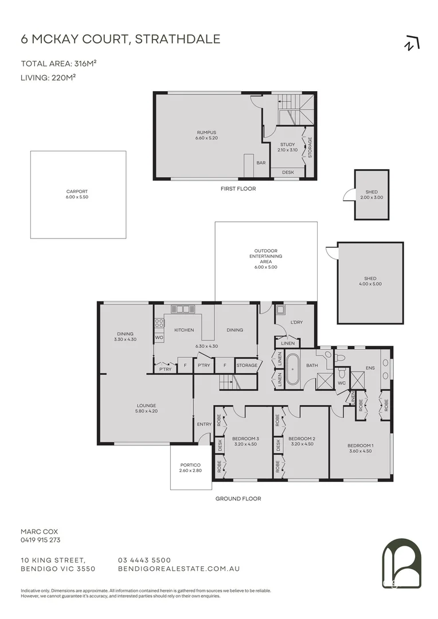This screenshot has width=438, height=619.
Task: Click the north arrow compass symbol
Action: coord(412,43)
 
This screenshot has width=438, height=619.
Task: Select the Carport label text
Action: coord(77,191)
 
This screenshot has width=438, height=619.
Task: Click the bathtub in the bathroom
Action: coord(293,370)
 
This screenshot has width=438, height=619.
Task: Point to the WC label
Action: coord(341,382)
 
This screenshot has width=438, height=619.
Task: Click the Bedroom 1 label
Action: coord(361,445)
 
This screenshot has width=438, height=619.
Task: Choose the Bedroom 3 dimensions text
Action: coord(245,444)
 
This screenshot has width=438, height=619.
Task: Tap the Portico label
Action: coord(190,465)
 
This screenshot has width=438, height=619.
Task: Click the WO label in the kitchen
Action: coord(159,338)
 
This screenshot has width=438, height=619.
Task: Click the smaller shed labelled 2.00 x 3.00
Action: coord(371,194)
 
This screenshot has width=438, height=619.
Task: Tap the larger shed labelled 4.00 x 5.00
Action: coord(370,281)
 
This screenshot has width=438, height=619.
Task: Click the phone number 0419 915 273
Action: coord(40,540)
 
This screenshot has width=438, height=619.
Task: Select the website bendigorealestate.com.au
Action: coord(178,569)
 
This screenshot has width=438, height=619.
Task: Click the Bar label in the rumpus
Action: coord(261,163)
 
